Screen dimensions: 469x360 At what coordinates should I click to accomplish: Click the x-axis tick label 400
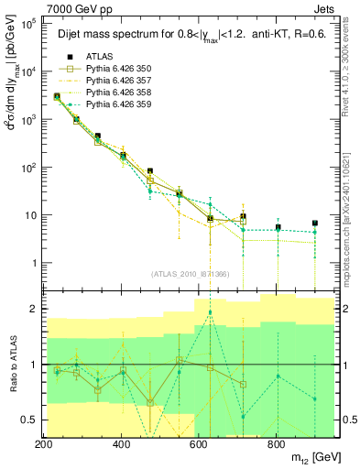click(x=122, y=444)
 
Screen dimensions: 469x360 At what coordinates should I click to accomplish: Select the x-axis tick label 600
click(x=199, y=444)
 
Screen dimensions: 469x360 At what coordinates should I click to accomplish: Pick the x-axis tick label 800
click(x=276, y=444)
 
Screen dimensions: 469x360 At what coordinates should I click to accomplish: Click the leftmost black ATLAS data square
click(x=57, y=96)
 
